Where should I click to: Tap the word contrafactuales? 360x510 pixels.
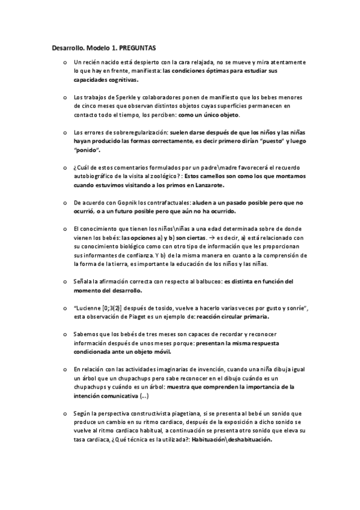coord(163,203)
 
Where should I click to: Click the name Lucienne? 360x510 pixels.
coord(89,309)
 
